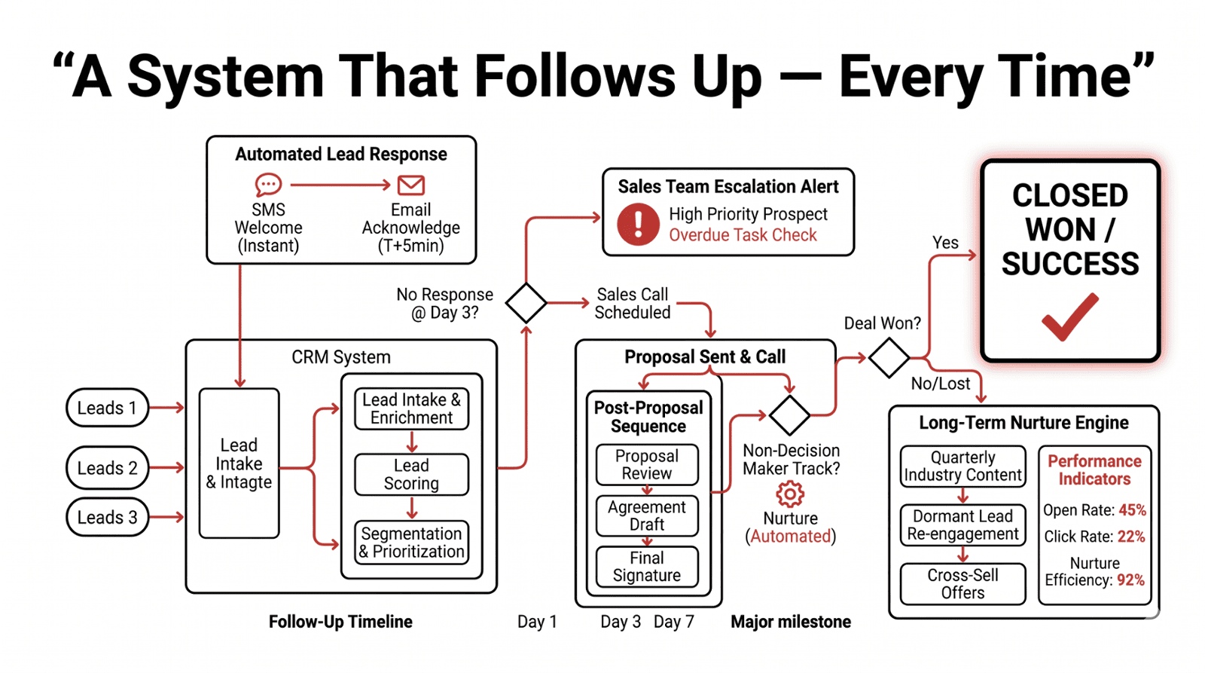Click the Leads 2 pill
108,468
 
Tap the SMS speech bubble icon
268,184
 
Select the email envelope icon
411,185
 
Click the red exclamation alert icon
638,224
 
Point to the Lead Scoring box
411,474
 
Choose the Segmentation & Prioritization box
411,543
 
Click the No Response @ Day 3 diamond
526,303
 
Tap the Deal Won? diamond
889,357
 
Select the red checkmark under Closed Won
1069,317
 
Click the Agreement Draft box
647,515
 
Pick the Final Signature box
647,567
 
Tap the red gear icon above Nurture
790,494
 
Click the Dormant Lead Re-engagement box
962,525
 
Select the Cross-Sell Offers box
962,584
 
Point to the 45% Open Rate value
1132,510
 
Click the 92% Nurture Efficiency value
1130,580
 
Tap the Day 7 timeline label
673,622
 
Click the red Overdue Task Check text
743,235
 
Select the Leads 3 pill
108,518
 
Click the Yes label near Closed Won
945,243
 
